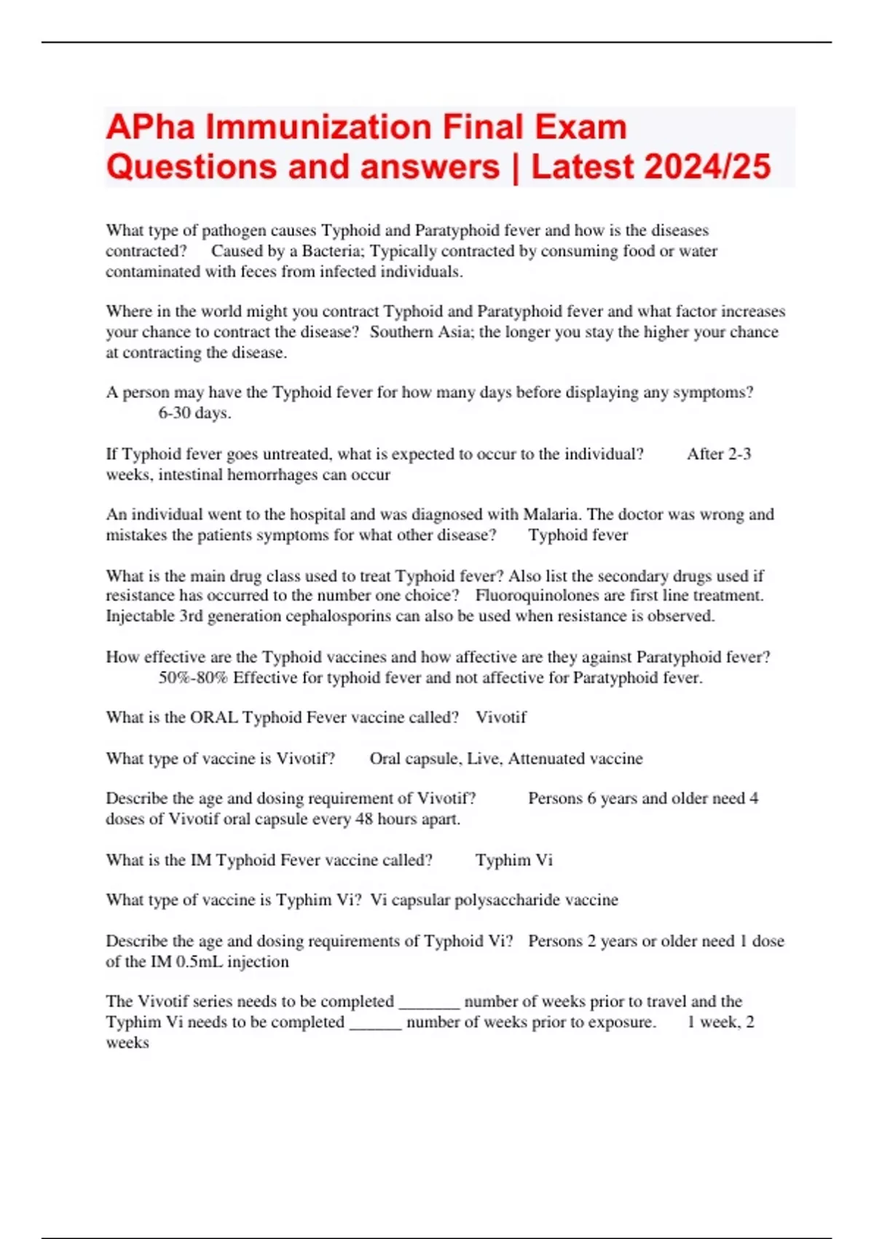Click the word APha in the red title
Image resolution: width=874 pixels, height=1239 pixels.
[x=151, y=128]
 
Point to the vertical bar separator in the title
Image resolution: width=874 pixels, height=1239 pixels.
[x=516, y=167]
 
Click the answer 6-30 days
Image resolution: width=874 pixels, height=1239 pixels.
[x=194, y=413]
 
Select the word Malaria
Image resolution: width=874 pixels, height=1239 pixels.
[x=551, y=515]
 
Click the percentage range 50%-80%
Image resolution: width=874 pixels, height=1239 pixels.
[x=193, y=678]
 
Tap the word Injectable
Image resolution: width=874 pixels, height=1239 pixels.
[x=140, y=617]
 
